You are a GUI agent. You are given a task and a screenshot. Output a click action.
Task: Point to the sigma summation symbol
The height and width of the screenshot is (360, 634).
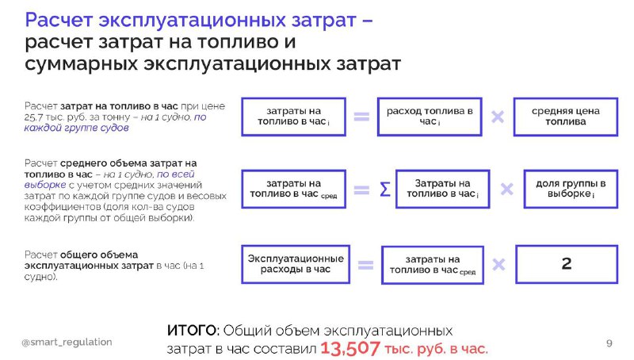point(385,190)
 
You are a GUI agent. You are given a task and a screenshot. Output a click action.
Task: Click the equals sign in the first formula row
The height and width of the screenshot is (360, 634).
point(361,117)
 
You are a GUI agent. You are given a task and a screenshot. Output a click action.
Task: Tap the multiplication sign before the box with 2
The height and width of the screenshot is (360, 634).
point(499,265)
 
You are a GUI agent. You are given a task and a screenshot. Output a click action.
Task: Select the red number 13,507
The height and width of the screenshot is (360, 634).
point(350,348)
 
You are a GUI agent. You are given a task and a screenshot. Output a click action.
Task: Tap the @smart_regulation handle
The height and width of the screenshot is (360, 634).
point(67,343)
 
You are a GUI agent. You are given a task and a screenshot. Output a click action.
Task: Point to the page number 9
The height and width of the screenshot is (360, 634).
point(609,343)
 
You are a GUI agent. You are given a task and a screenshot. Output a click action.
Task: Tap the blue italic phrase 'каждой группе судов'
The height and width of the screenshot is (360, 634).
point(76,128)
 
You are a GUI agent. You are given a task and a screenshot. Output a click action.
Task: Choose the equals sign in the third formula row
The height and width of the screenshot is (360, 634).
point(365,265)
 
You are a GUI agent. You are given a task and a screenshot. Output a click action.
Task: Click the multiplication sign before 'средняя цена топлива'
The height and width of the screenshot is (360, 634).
point(498,117)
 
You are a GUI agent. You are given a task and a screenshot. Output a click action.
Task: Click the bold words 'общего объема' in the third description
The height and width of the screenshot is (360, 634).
point(99,255)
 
